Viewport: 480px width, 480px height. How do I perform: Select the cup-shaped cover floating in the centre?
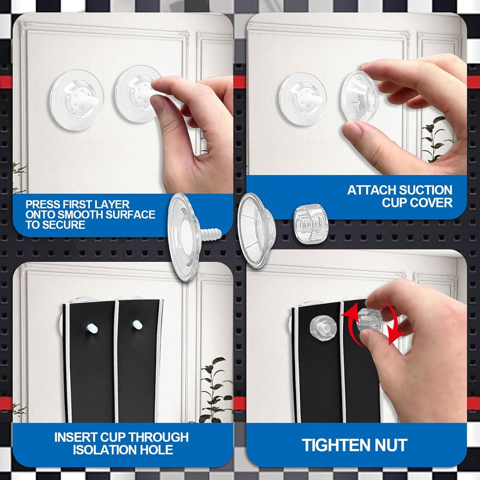coord(256,230)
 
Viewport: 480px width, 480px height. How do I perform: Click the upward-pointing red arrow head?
coord(347,311)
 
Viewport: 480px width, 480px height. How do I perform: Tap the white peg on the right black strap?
coord(137,325)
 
